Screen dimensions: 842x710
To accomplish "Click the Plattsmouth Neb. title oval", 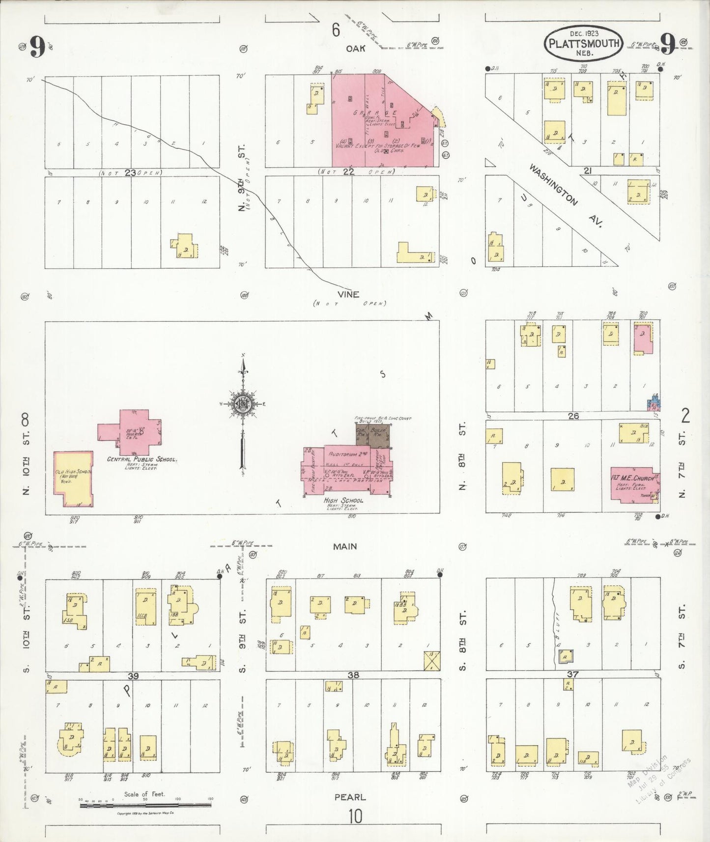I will click(583, 44).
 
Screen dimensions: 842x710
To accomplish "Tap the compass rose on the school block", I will click(242, 404).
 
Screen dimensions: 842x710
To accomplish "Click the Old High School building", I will click(73, 478).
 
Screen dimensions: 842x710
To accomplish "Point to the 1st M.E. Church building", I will click(634, 484).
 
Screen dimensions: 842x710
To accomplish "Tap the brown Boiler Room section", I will click(380, 436).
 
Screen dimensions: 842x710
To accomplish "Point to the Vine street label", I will click(348, 294).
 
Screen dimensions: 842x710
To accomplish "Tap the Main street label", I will click(345, 546).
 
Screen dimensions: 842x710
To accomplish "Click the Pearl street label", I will click(350, 797).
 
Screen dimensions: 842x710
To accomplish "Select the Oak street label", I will click(355, 49).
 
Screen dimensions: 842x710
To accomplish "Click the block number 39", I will click(130, 675).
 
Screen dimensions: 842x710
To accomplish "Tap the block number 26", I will click(573, 416).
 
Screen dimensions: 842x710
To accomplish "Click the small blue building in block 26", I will click(653, 403).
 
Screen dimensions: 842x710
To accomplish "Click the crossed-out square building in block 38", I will click(432, 661).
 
